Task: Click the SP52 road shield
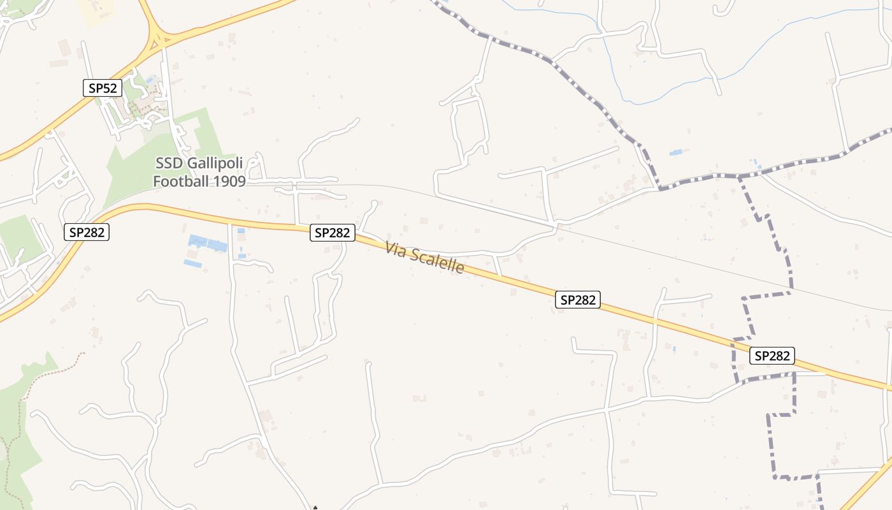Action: pos(103,88)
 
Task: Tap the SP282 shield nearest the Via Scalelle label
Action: pos(332,233)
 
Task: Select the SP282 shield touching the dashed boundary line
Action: pos(772,356)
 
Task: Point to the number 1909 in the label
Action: pos(229,181)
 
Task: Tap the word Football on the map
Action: pos(182,181)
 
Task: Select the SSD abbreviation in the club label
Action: pos(168,164)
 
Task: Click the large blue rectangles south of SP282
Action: pos(208,244)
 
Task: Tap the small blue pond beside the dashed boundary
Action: pos(675,153)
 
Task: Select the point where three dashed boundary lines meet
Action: pos(739,175)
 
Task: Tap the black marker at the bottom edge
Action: pos(315,507)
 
